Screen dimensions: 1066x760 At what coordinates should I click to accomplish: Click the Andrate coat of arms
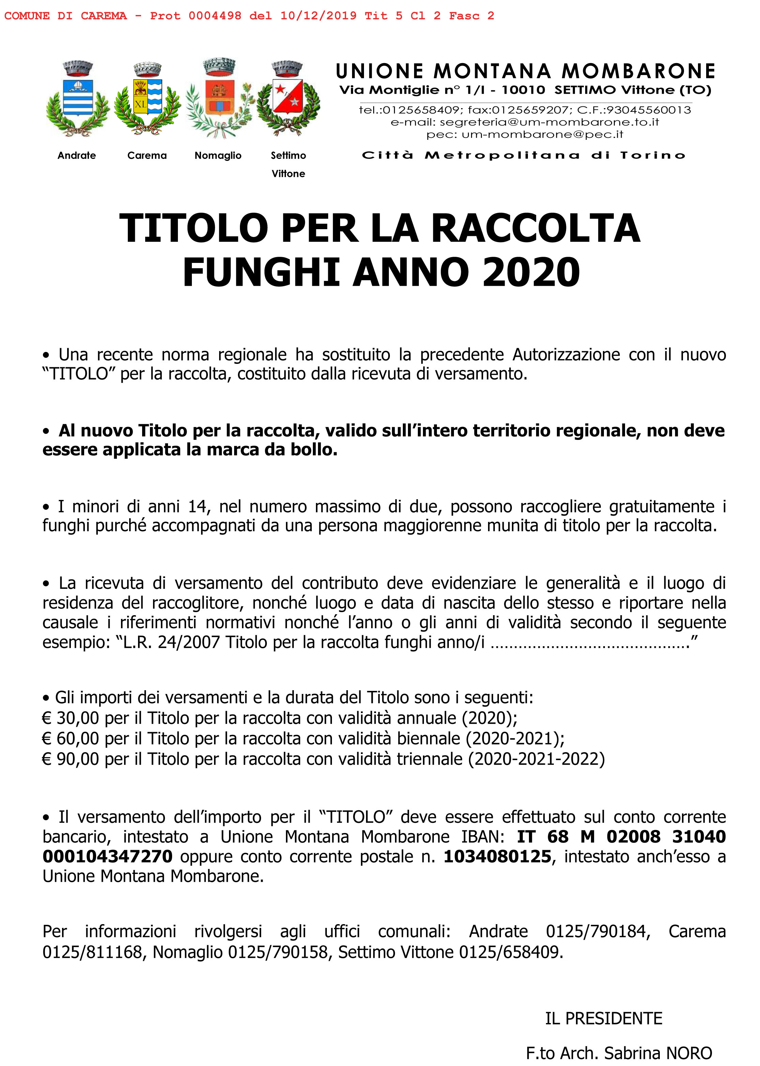78,99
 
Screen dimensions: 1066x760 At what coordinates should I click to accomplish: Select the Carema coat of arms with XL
148,99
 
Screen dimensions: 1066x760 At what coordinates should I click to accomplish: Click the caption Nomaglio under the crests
218,156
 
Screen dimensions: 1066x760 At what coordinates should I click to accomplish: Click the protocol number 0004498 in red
215,16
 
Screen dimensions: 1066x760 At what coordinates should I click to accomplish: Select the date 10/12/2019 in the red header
318,16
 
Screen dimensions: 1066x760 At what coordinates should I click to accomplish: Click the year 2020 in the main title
531,272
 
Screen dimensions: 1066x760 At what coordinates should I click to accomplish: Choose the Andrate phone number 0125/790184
598,932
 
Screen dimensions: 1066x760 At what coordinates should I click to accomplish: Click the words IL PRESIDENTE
603,1018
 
